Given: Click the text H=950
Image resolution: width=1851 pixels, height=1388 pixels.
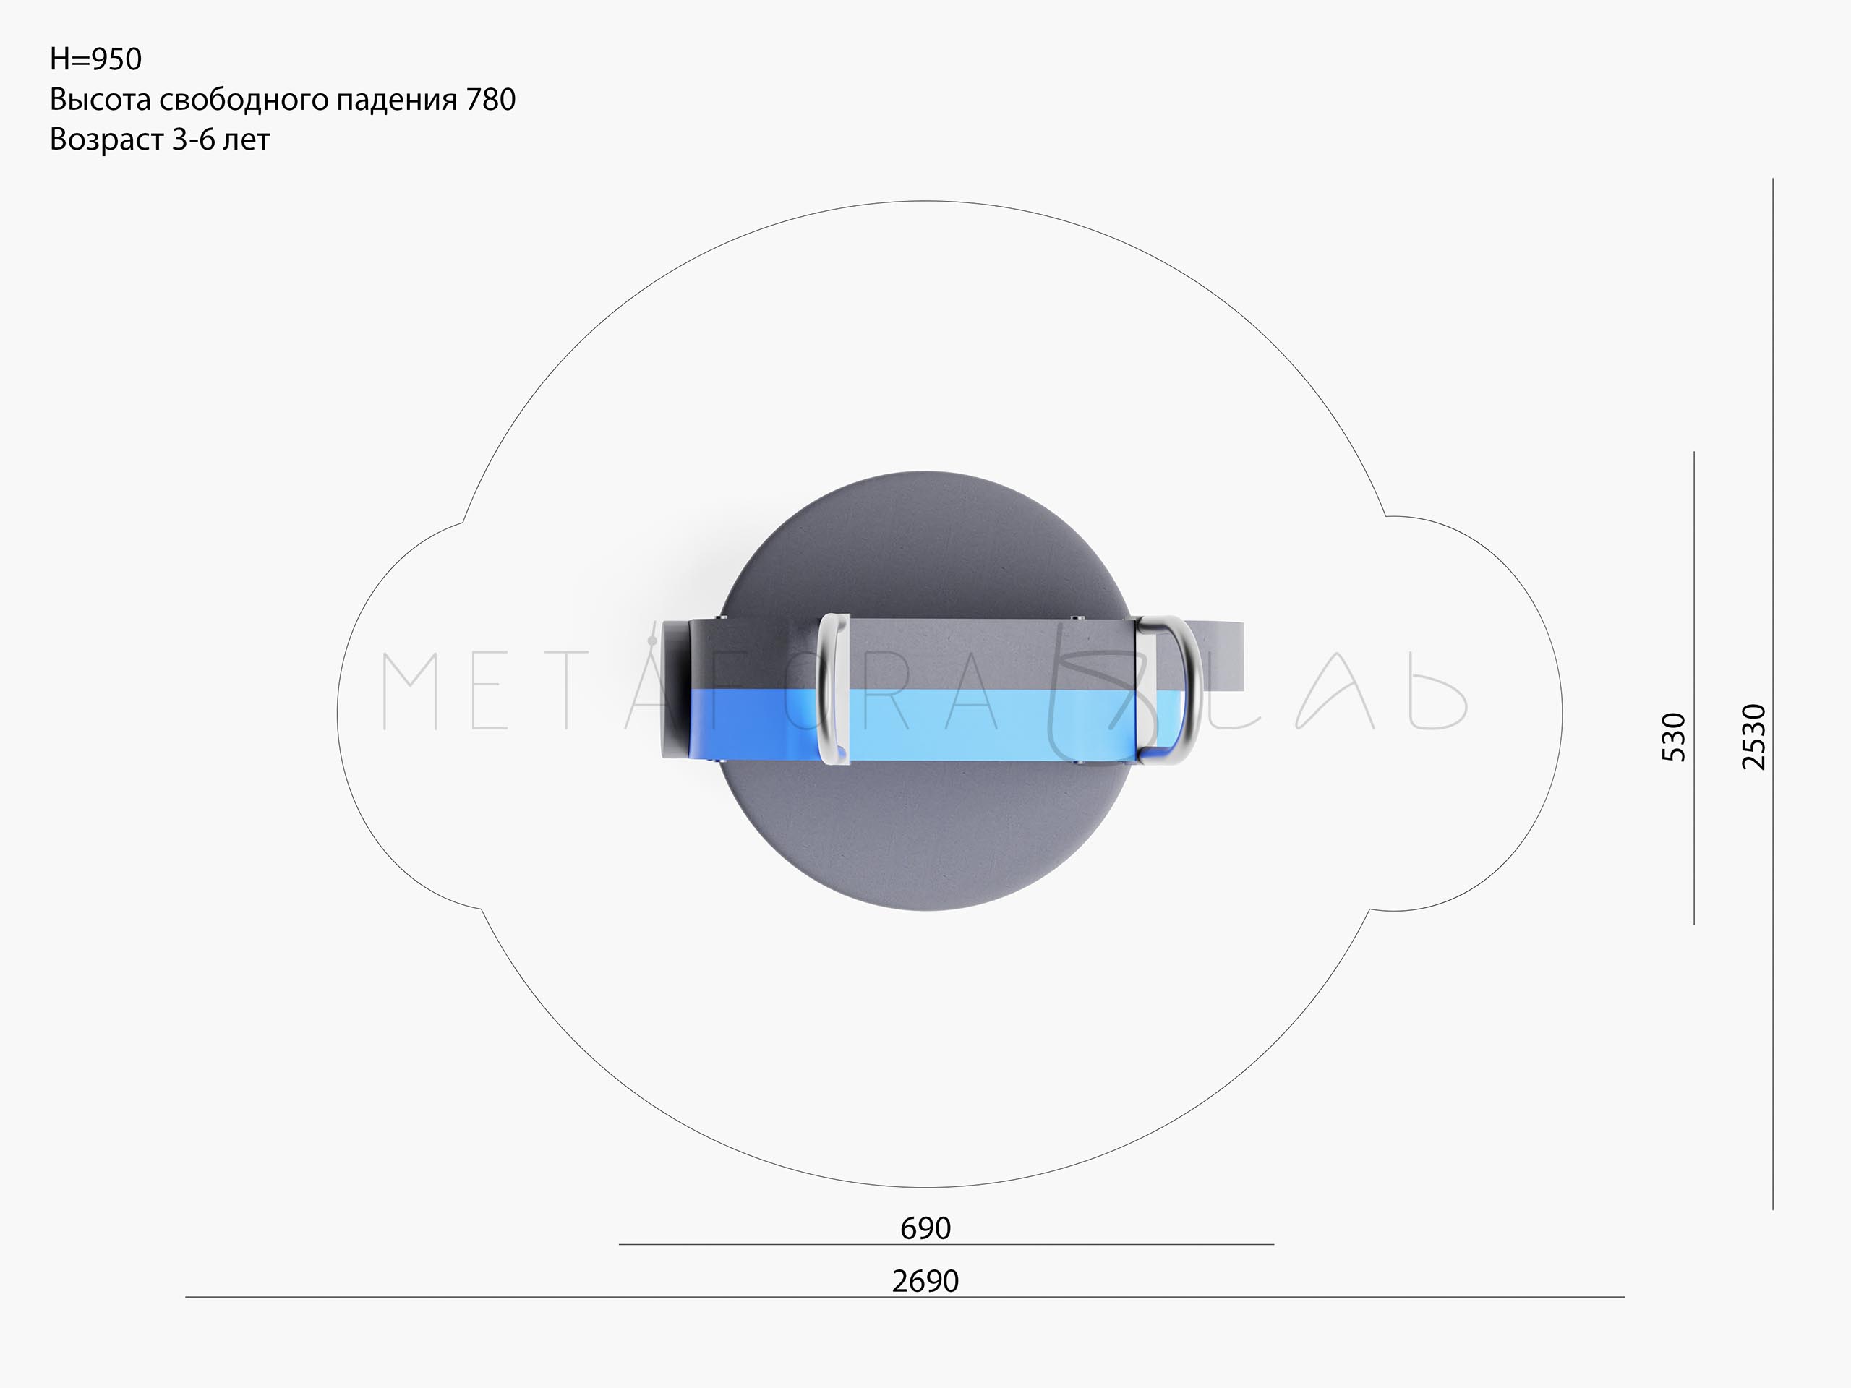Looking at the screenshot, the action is (95, 59).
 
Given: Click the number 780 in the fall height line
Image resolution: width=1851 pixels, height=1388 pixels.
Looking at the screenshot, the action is (490, 100).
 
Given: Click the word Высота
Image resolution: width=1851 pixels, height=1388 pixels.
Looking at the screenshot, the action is (101, 100).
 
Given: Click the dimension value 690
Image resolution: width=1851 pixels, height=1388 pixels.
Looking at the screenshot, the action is (925, 1228).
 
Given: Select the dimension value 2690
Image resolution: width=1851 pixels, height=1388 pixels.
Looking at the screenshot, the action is (925, 1281).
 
